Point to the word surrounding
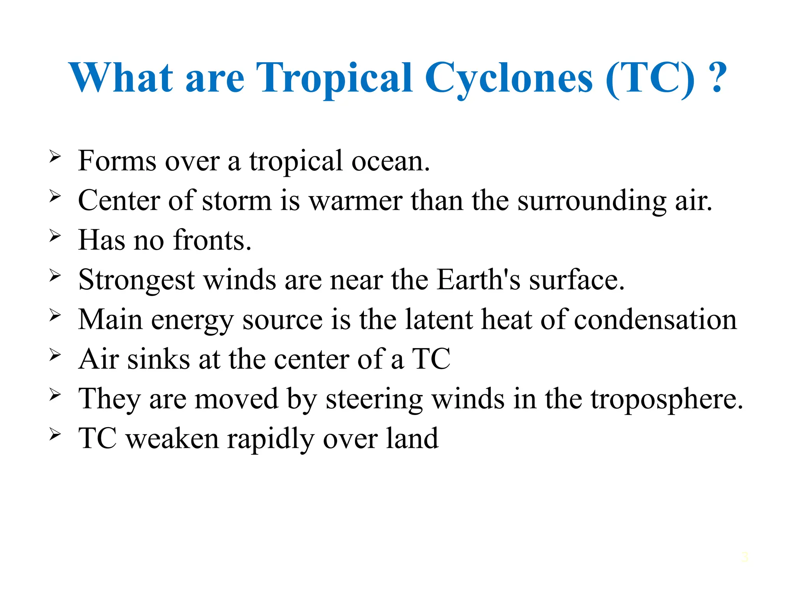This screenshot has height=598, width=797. point(592,202)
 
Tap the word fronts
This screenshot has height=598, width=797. point(212,240)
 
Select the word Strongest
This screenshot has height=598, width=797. point(136,280)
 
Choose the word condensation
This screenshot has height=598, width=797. point(655,320)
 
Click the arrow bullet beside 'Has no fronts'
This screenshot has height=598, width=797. point(55,236)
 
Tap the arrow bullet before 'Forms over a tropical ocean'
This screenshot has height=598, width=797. point(55,157)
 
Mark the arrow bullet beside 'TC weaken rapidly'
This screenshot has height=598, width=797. point(55,434)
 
